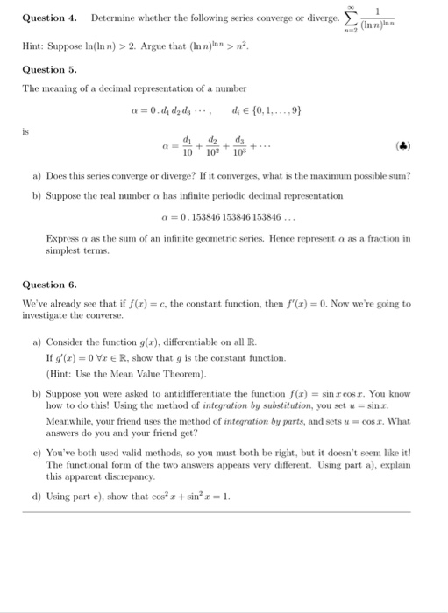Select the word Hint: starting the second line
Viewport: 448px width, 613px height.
click(x=32, y=44)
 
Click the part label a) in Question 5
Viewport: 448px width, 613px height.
click(x=36, y=176)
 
